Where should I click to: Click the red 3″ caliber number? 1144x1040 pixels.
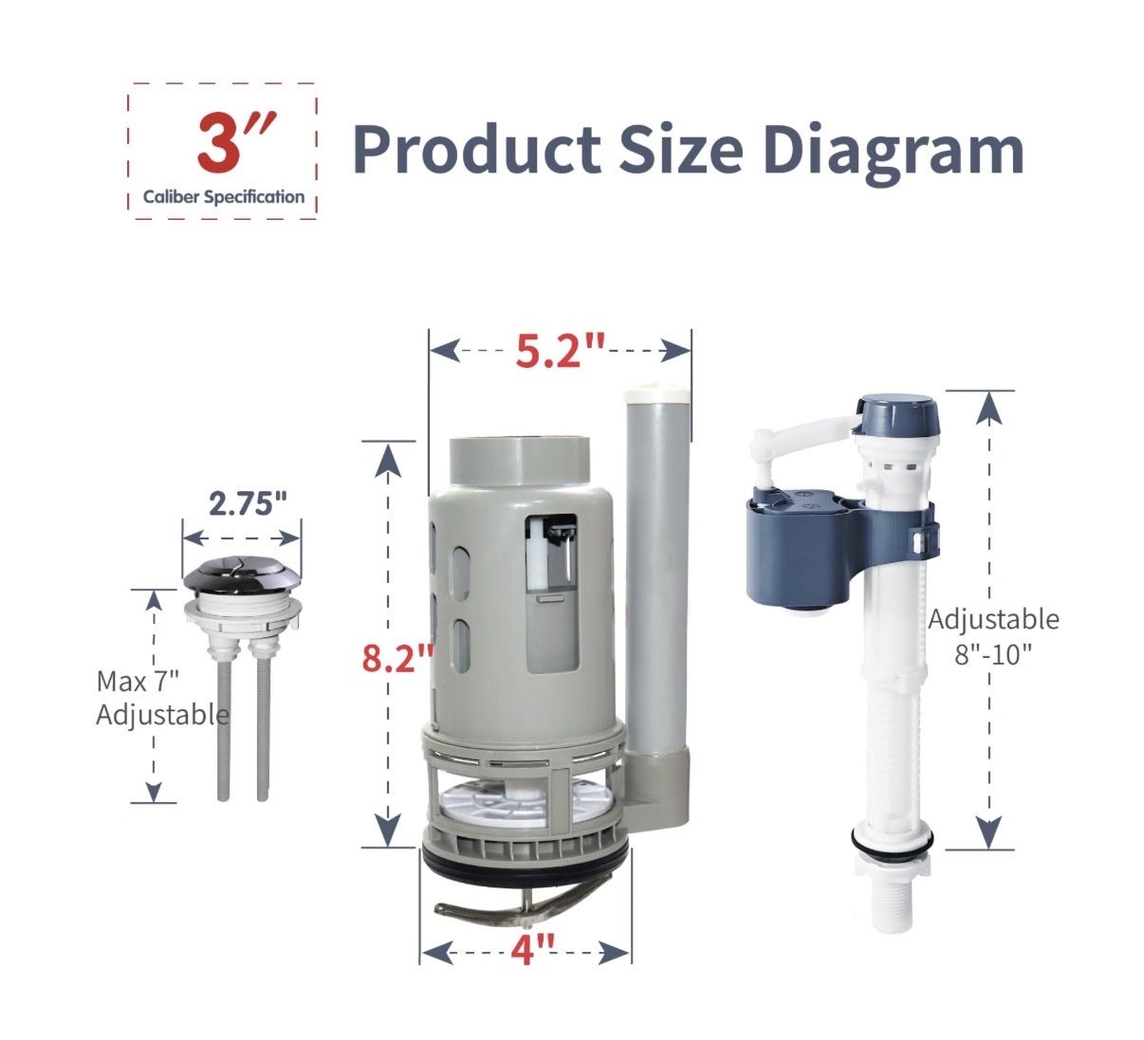[x=236, y=142]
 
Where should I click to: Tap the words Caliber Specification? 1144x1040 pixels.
[x=224, y=197]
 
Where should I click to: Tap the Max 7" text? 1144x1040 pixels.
[x=138, y=681]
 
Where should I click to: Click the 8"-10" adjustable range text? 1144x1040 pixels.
[x=993, y=654]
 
